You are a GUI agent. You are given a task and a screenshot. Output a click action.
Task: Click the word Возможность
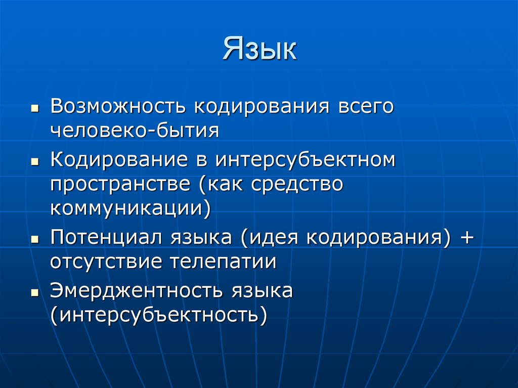(x=118, y=107)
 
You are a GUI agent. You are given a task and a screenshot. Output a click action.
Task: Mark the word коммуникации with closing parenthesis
(x=130, y=208)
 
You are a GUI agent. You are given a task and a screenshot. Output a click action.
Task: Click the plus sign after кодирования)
(x=465, y=238)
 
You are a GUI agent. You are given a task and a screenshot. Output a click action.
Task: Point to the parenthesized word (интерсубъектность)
(x=158, y=315)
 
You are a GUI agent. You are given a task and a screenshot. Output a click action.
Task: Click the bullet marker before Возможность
(x=34, y=109)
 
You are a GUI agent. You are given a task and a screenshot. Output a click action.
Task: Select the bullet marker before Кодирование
(x=34, y=162)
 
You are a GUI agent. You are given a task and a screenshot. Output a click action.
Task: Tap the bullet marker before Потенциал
(x=34, y=239)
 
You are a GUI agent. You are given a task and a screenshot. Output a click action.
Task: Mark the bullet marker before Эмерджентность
(x=34, y=293)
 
